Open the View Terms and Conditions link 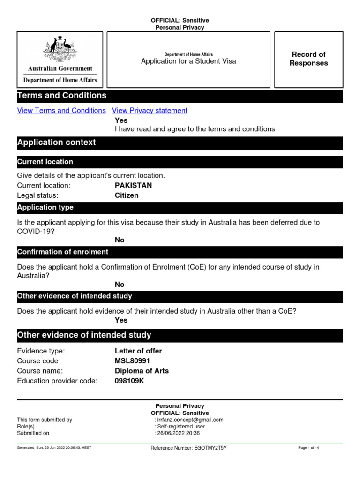point(61,111)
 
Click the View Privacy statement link point(150,111)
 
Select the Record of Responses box point(308,59)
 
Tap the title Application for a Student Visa point(188,61)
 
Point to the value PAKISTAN point(133,185)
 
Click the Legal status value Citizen point(127,195)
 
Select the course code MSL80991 point(133,361)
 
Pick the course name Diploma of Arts point(142,371)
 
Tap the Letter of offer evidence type point(138,351)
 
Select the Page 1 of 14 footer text point(308,448)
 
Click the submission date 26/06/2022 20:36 point(180,433)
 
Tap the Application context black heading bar point(180,142)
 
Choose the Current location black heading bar point(180,162)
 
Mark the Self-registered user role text point(180,427)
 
